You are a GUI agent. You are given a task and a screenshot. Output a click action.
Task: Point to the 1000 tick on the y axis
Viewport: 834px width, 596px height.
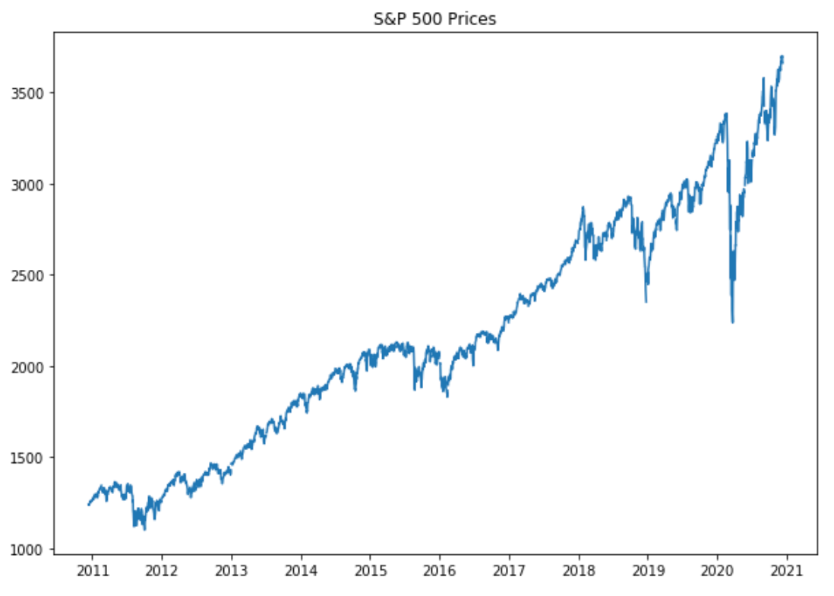[33, 549]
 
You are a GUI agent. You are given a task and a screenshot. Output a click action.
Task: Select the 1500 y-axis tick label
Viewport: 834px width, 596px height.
[33, 458]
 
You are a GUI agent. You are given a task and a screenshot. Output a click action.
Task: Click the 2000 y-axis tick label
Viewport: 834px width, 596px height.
[33, 366]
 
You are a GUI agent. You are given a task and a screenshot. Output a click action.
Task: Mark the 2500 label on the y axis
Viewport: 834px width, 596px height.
[33, 275]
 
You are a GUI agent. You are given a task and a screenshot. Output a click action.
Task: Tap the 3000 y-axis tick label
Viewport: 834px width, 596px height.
[33, 184]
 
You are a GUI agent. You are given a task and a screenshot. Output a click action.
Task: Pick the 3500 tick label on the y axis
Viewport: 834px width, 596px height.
[33, 93]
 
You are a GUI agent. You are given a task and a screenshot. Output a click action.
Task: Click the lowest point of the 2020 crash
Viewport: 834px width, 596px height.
[733, 322]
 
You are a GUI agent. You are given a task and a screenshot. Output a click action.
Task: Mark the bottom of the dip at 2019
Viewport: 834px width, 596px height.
[646, 302]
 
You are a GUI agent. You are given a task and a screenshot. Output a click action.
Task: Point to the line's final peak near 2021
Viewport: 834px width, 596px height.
[782, 56]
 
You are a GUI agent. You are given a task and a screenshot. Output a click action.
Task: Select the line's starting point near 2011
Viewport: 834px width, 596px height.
[88, 505]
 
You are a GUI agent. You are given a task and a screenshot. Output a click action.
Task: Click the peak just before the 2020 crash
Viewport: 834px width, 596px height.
[727, 114]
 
